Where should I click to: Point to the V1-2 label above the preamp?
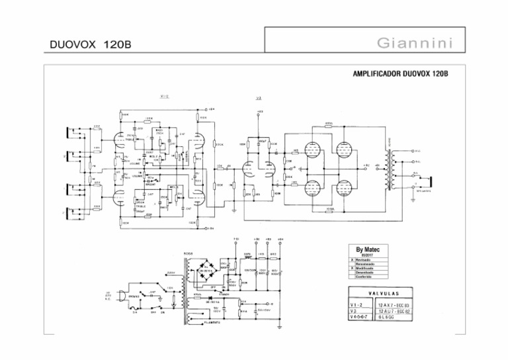[x=165, y=97]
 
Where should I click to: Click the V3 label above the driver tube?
[x=258, y=99]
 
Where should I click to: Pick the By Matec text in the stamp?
[x=368, y=250]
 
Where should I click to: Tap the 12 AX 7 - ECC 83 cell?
[x=394, y=304]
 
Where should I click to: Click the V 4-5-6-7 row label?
[x=360, y=317]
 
